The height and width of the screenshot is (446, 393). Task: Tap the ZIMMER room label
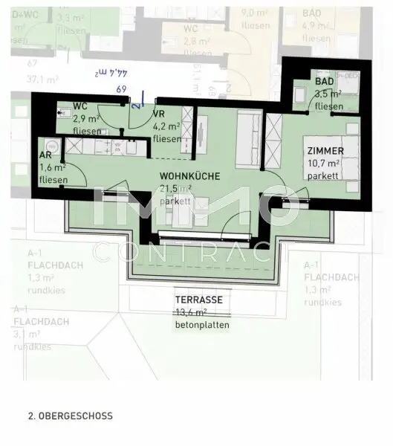coord(325,151)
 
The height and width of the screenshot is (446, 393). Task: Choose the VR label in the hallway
coord(158,114)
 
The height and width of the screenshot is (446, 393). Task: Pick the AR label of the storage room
coord(46,156)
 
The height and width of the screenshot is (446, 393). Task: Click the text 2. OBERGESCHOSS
coord(70,416)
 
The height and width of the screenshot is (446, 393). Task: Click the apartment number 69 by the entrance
coord(122,89)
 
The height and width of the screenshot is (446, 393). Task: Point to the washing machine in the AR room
coord(51,144)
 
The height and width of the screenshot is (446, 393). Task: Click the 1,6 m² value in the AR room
coord(52,168)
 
